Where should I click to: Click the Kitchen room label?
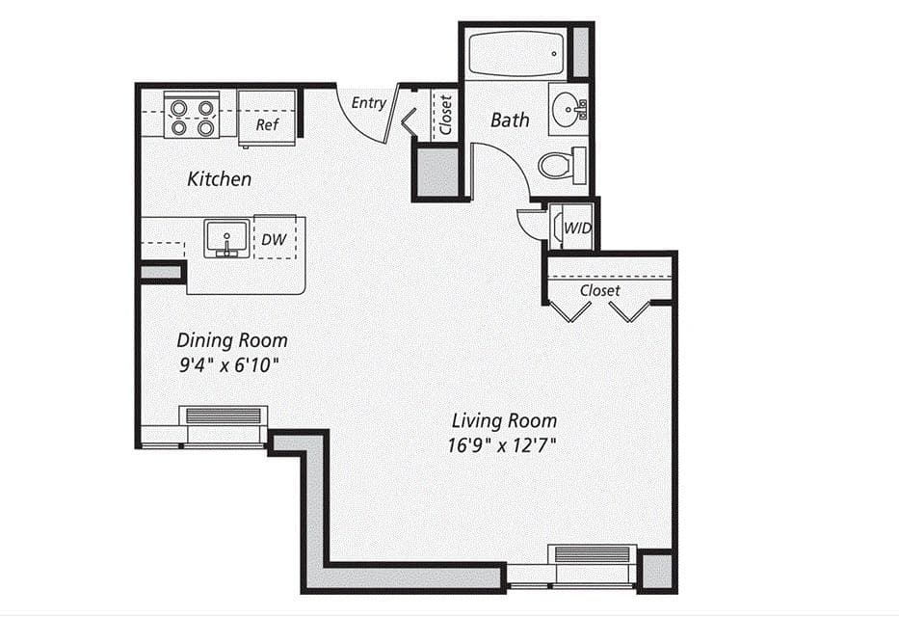coord(219,178)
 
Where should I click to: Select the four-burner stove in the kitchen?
coord(192,115)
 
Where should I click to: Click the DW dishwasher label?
coord(274,240)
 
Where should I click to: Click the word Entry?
coord(369,102)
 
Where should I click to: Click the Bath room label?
coord(510,120)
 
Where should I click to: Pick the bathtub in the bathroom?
coord(515,53)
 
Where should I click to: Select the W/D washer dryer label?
coord(577,228)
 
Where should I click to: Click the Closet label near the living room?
coord(599,290)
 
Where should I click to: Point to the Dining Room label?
coord(231,340)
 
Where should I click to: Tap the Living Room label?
coord(504,420)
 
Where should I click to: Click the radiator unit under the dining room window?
coord(224,416)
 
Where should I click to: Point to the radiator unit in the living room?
coord(593,555)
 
